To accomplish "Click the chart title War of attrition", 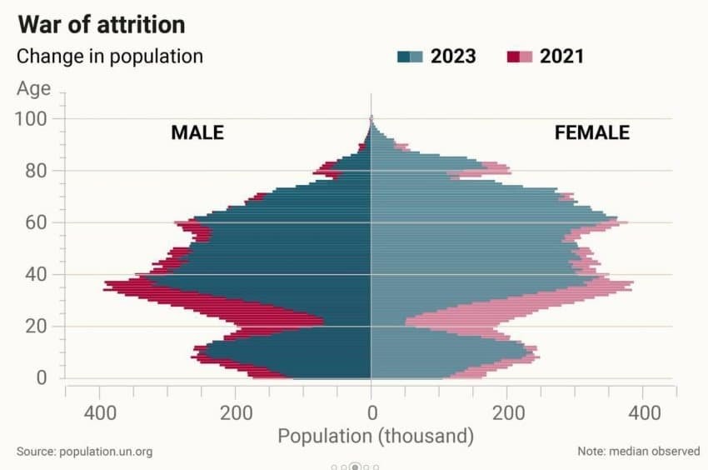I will [x=101, y=23].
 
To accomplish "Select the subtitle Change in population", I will [x=110, y=57].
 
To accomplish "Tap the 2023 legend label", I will [x=453, y=57].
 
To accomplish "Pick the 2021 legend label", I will [x=562, y=57].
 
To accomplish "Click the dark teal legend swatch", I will [x=404, y=57].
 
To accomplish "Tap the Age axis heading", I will [x=33, y=88].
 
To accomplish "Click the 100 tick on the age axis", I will [x=29, y=118].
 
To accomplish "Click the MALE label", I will [x=197, y=132].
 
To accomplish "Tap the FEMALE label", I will [x=592, y=132].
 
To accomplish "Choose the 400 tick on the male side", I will [x=100, y=412].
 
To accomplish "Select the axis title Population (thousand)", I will [x=376, y=436].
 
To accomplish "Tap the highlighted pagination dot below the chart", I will [x=356, y=467].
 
